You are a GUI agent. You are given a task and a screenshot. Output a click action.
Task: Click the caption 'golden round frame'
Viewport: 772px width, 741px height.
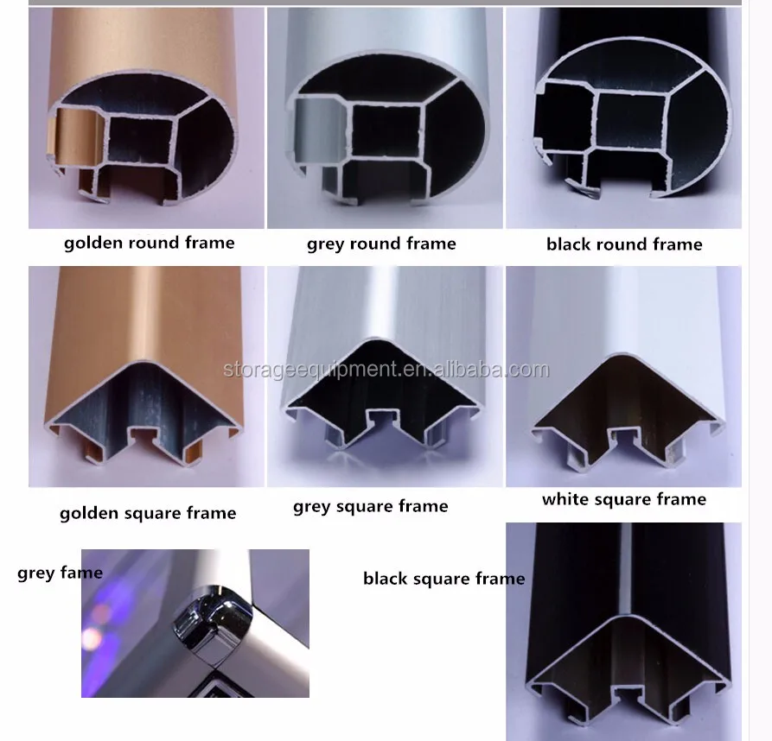pos(150,243)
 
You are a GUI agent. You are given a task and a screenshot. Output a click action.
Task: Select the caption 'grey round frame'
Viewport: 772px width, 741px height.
pos(381,244)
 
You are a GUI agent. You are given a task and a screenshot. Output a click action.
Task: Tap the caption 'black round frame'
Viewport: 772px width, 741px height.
pos(624,244)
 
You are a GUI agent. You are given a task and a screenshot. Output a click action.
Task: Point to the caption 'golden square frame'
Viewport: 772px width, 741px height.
pos(148,513)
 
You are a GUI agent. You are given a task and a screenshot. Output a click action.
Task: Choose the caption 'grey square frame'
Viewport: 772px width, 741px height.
pos(370,506)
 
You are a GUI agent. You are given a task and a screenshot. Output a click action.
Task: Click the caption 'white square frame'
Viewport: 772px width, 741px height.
pos(624,499)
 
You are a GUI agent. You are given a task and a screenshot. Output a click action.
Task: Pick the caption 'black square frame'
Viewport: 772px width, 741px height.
pos(444,579)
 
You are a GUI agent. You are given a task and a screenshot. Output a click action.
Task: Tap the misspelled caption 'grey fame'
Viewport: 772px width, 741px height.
pos(60,573)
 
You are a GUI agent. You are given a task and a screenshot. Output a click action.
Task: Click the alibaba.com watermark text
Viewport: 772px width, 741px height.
pos(386,370)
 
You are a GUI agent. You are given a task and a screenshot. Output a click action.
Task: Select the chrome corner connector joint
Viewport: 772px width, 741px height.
pos(213,622)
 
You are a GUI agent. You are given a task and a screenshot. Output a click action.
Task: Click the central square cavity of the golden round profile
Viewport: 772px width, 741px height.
pos(141,138)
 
